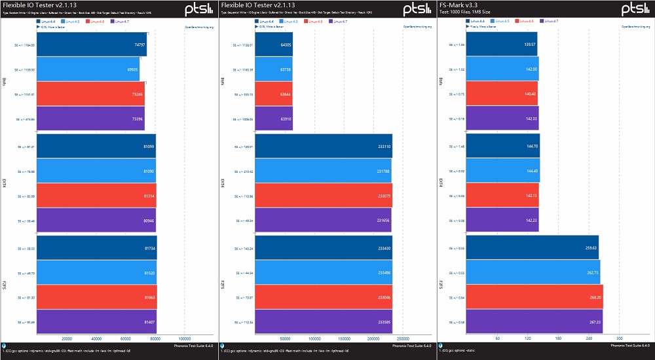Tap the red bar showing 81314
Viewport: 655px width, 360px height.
click(97, 196)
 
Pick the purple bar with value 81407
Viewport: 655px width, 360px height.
click(97, 322)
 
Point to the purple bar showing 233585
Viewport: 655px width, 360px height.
click(324, 322)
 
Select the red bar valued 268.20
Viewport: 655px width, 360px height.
click(536, 297)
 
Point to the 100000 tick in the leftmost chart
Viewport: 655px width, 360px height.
click(184, 338)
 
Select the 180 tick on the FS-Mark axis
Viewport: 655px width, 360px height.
click(558, 338)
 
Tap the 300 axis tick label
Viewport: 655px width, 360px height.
click(618, 338)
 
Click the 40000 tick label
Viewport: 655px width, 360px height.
click(96, 338)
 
